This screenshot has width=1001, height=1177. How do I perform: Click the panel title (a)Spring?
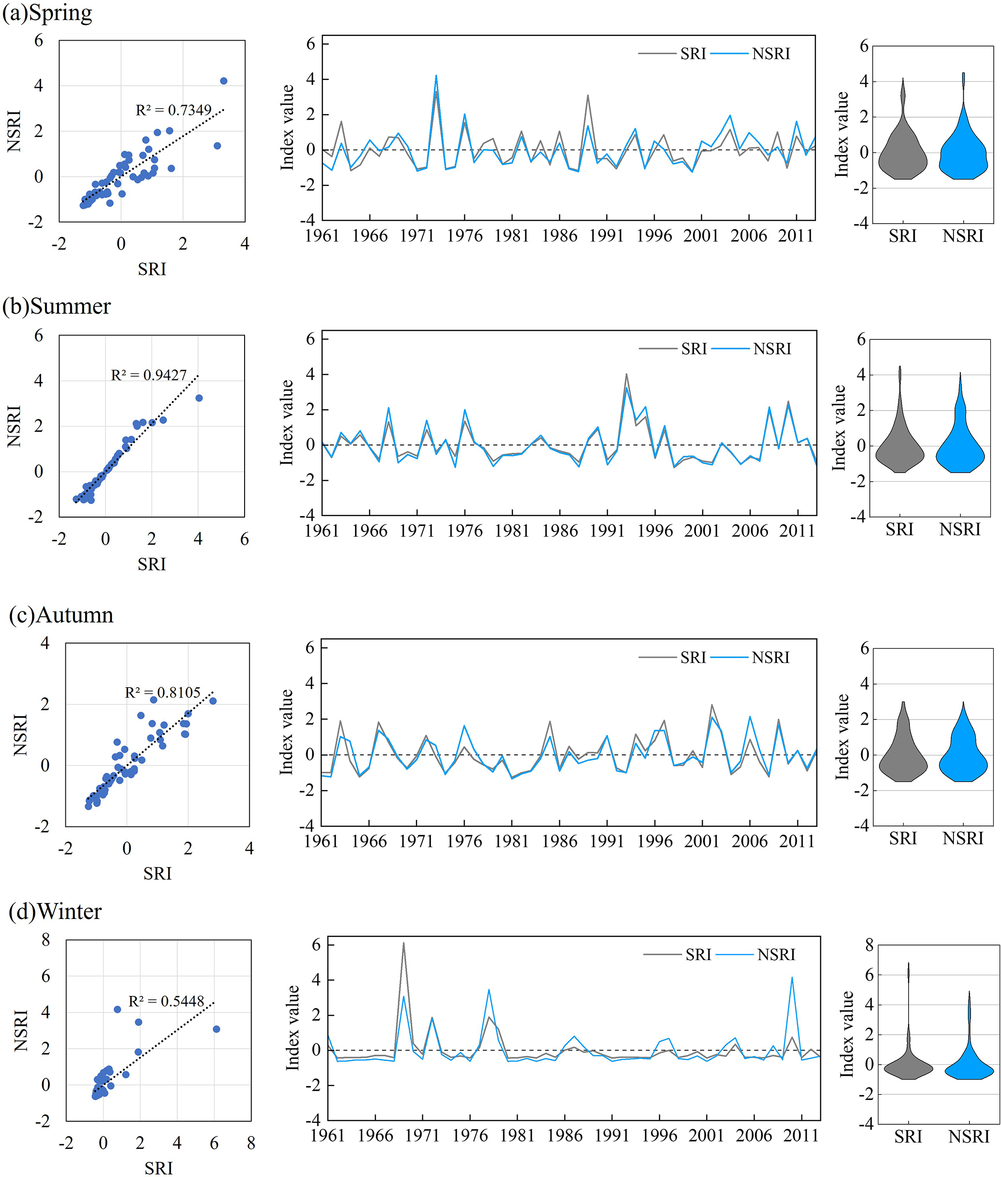click(x=47, y=13)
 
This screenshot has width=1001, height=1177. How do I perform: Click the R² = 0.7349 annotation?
click(x=173, y=109)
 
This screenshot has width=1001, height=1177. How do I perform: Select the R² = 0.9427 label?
click(x=149, y=375)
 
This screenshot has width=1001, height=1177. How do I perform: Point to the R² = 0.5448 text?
click(x=166, y=1001)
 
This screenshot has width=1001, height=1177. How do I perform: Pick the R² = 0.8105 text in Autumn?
click(x=162, y=692)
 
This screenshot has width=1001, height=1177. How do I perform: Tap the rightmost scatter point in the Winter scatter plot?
click(x=216, y=1029)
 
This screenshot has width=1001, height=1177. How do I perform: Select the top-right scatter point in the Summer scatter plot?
click(x=199, y=398)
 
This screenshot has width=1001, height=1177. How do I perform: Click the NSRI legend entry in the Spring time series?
click(x=770, y=54)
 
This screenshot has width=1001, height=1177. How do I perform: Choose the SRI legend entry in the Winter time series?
click(x=698, y=955)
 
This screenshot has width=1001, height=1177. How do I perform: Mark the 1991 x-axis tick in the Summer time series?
click(x=607, y=531)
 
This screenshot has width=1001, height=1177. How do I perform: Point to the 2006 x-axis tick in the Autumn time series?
click(x=750, y=841)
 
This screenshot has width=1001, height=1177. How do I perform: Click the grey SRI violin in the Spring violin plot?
click(x=902, y=153)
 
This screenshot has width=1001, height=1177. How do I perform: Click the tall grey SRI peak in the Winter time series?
click(x=403, y=943)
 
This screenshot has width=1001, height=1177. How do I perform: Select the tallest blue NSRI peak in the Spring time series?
click(x=436, y=76)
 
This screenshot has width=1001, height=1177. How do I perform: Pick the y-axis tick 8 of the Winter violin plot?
click(x=869, y=945)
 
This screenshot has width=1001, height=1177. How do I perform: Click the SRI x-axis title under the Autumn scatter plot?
click(x=157, y=873)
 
